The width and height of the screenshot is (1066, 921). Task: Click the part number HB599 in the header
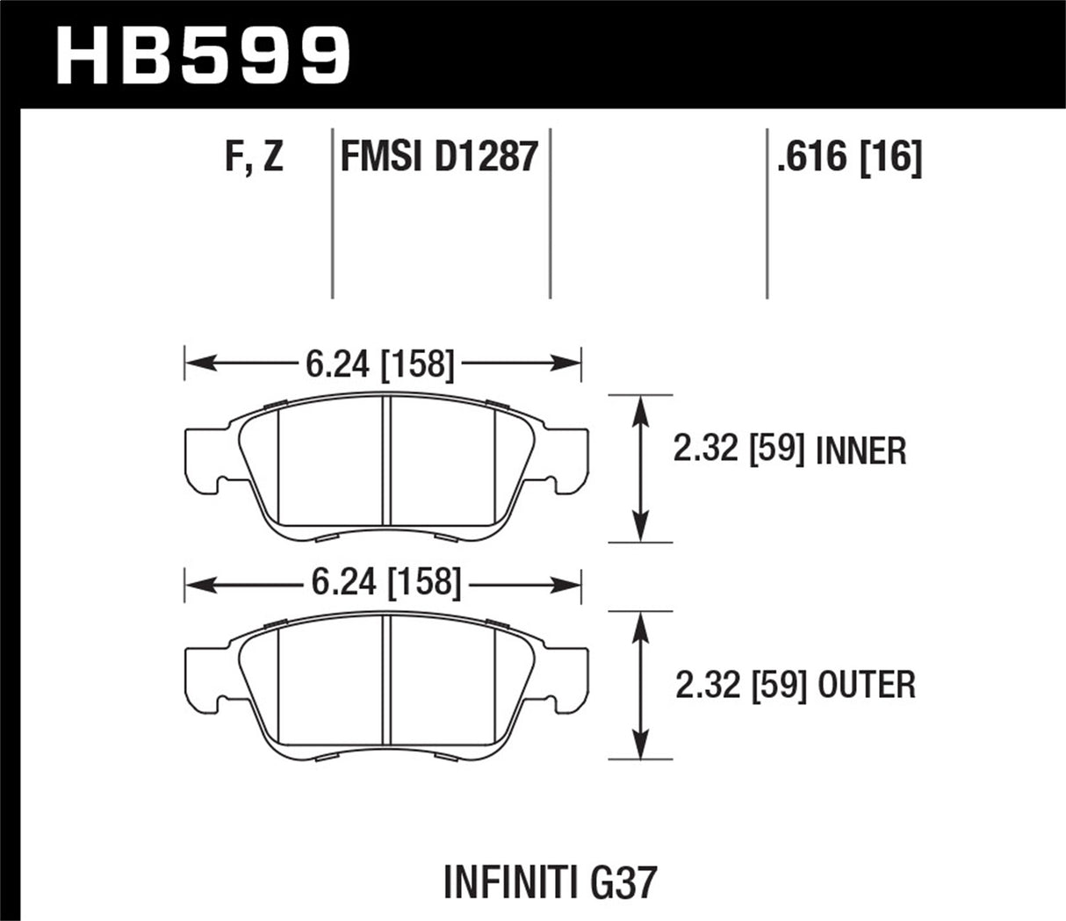tap(204, 54)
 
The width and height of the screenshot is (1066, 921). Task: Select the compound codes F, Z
tap(253, 158)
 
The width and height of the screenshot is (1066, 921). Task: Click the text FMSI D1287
tap(438, 158)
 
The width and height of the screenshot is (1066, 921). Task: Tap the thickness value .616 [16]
tap(848, 158)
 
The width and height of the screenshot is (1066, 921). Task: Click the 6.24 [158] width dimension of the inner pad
tap(380, 363)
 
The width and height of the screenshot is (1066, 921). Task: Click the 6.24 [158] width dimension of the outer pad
tap(383, 583)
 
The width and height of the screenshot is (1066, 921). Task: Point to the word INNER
tap(861, 452)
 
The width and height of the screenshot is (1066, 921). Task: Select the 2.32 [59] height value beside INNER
tap(739, 452)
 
